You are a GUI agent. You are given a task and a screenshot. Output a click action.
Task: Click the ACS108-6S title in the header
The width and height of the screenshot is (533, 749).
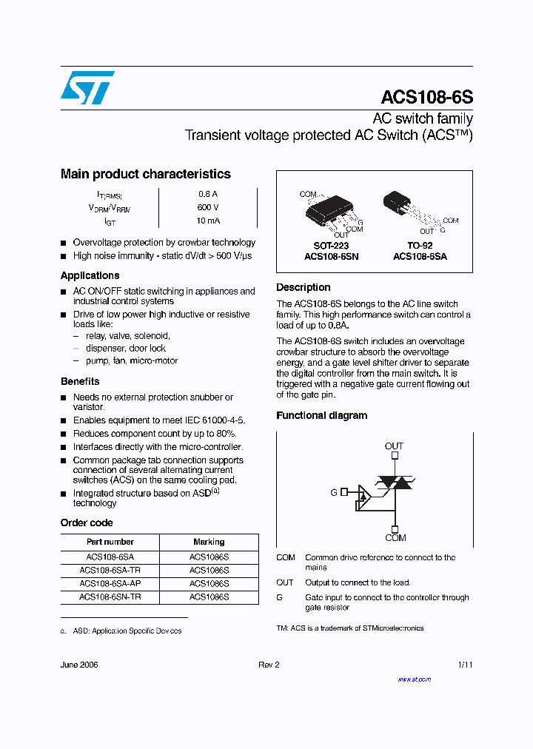click(426, 98)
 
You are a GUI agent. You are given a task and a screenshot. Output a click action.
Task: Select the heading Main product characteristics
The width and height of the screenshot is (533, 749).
click(145, 174)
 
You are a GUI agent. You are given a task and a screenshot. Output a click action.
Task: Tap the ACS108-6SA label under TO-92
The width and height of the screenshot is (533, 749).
click(420, 257)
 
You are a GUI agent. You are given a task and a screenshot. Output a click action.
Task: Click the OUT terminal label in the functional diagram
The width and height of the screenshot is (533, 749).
click(394, 446)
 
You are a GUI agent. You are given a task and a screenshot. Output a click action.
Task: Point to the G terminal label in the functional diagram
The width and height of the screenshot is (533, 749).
click(334, 491)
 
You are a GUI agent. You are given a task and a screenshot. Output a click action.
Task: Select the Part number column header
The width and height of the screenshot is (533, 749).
click(110, 542)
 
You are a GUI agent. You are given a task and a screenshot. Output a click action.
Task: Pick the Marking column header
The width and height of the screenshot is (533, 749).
click(209, 542)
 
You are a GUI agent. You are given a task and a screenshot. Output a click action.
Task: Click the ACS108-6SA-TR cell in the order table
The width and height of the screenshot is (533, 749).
click(110, 571)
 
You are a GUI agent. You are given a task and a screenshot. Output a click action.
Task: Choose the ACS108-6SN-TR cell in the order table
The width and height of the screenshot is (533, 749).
click(110, 596)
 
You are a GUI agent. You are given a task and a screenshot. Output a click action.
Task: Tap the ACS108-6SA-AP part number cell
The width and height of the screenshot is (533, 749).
click(110, 583)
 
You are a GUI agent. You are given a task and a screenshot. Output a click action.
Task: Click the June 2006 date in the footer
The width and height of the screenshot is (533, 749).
click(79, 665)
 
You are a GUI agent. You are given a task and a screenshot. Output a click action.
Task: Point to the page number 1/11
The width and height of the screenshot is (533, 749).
click(465, 665)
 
